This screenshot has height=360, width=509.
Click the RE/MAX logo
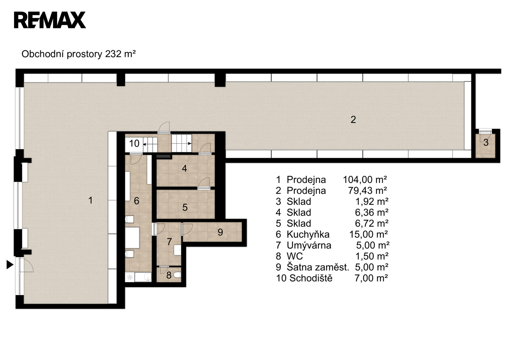(x=50, y=20)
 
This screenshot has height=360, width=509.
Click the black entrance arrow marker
(x=10, y=265)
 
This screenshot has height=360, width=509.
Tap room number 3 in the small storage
(x=486, y=143)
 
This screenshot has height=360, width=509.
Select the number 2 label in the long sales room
(x=353, y=120)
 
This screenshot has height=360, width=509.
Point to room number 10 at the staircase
(x=134, y=144)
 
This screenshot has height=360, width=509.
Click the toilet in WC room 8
(x=177, y=275)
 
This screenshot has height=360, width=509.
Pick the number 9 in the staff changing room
(x=220, y=232)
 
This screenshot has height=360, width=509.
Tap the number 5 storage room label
(x=185, y=208)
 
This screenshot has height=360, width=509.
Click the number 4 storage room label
(x=185, y=168)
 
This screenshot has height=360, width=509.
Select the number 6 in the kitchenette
(x=136, y=201)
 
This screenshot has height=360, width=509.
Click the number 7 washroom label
(x=169, y=242)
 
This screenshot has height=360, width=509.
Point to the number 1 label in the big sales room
(x=90, y=200)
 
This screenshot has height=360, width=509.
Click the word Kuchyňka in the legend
(x=308, y=234)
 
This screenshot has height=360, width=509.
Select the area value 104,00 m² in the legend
(x=365, y=180)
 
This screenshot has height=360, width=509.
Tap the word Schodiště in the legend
(x=311, y=278)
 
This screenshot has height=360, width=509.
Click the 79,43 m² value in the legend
(x=367, y=191)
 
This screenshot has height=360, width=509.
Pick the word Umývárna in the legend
(x=309, y=245)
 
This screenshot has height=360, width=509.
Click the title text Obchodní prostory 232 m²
(x=79, y=54)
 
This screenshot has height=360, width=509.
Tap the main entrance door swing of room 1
(x=26, y=265)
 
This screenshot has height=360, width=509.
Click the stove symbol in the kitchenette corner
(x=130, y=277)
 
